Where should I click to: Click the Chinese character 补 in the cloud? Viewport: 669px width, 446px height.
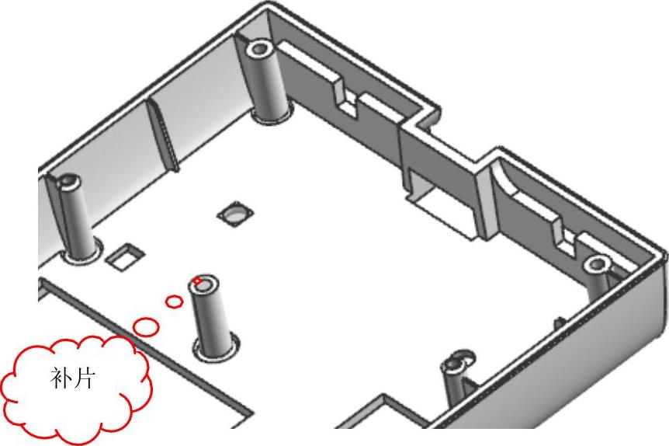click(61, 378)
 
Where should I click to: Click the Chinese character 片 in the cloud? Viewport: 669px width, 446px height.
click(84, 378)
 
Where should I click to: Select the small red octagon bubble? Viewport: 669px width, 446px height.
click(174, 301)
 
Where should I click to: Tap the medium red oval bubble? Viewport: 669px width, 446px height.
click(146, 327)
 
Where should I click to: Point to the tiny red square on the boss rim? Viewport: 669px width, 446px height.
click(198, 280)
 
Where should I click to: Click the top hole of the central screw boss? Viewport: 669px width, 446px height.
click(204, 285)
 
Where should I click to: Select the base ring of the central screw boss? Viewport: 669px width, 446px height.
click(216, 347)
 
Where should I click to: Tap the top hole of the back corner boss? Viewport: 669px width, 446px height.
click(258, 48)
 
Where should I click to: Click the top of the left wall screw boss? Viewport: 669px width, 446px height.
click(68, 183)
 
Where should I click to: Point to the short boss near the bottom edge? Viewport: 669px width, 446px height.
click(456, 376)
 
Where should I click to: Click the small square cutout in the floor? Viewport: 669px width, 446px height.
click(125, 256)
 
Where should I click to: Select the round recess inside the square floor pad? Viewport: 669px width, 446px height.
click(234, 214)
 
